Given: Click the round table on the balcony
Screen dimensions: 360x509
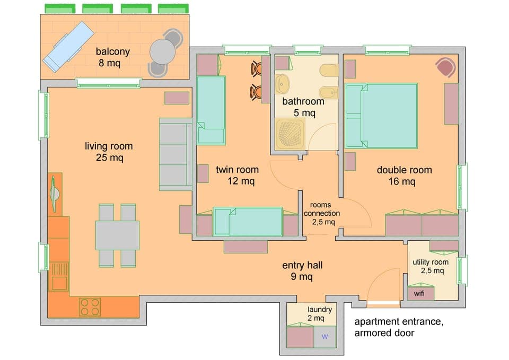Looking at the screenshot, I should [x=162, y=52].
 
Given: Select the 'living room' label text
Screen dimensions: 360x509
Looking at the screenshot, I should [x=109, y=146].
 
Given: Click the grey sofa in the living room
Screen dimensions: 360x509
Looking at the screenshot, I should [x=175, y=154].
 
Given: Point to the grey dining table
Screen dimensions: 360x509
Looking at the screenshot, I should [x=117, y=235].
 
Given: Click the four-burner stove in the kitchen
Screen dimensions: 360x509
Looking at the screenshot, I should [x=90, y=306].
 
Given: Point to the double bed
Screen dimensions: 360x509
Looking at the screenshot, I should [x=382, y=116].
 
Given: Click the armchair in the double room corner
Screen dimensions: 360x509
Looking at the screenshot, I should [x=445, y=68].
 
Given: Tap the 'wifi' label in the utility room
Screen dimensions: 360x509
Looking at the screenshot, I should [x=419, y=293].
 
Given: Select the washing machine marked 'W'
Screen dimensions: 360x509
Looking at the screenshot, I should [x=325, y=337].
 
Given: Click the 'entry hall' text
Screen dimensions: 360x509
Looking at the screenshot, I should [x=302, y=265].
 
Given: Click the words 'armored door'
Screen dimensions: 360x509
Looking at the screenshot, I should [x=384, y=333].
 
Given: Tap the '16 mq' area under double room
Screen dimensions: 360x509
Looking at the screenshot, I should [x=404, y=182].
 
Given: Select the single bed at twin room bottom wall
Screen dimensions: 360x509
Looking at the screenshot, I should [x=248, y=222].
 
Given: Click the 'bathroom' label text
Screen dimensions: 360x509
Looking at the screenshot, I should [x=303, y=101].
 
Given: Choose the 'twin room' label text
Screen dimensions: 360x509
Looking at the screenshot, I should [x=237, y=170].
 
